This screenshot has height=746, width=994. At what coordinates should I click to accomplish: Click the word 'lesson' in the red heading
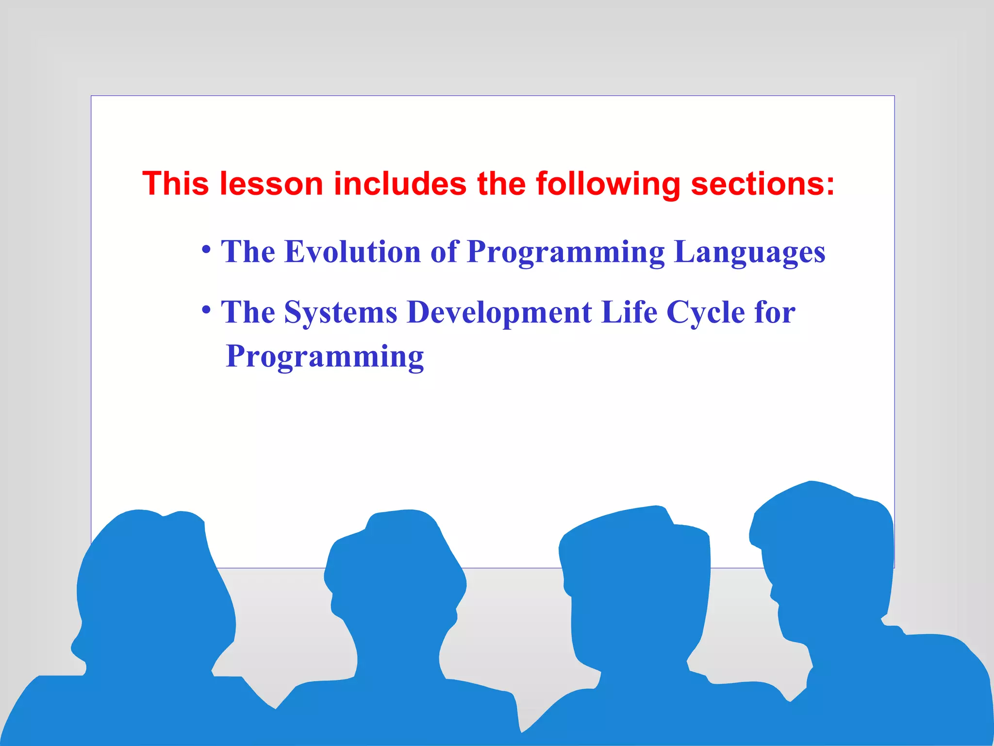click(x=271, y=184)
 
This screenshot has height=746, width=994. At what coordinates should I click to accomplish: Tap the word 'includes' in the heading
click(x=400, y=184)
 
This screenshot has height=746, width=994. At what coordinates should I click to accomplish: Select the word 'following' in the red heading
click(x=608, y=184)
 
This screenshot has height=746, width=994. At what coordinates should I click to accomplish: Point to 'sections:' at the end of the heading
click(x=762, y=184)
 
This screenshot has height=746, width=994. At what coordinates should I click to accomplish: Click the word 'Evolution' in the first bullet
click(x=352, y=252)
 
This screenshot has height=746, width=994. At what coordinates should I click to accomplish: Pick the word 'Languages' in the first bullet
click(x=750, y=252)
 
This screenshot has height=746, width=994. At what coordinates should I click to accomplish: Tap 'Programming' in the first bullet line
click(x=565, y=252)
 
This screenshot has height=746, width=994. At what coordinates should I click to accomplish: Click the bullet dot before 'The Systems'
click(x=206, y=309)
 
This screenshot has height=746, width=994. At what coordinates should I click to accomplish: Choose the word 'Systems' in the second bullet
click(x=341, y=312)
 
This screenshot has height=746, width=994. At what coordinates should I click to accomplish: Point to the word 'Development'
click(x=499, y=312)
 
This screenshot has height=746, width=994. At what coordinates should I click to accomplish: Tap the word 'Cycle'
click(x=706, y=312)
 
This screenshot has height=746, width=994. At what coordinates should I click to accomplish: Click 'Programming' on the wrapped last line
click(x=325, y=357)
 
